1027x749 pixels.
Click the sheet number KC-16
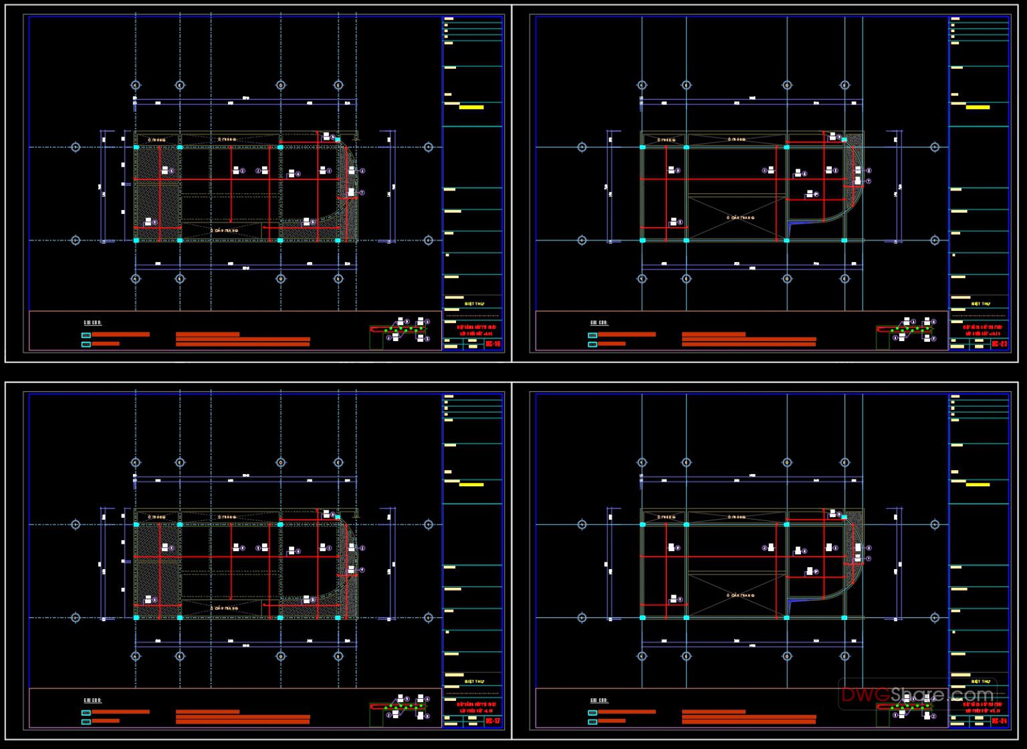click(x=493, y=344)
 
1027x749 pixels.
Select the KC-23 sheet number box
click(x=1000, y=344)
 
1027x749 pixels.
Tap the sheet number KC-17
click(x=493, y=721)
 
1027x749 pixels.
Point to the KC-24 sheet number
click(x=1000, y=721)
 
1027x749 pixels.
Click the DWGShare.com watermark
click(x=917, y=695)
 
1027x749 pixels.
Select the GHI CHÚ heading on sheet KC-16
click(x=92, y=323)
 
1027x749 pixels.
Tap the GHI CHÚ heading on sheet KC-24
click(x=598, y=701)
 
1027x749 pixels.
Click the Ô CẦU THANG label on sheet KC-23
click(x=740, y=217)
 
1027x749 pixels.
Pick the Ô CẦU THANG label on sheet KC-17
click(x=225, y=607)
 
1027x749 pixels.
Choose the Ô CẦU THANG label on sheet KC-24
click(x=740, y=595)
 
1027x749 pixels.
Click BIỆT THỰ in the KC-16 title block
click(x=474, y=304)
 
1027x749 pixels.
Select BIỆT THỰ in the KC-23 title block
click(x=980, y=304)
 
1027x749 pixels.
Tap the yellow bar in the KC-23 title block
click(x=978, y=107)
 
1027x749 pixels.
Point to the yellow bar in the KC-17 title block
click(x=471, y=484)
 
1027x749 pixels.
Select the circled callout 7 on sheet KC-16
click(x=362, y=193)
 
